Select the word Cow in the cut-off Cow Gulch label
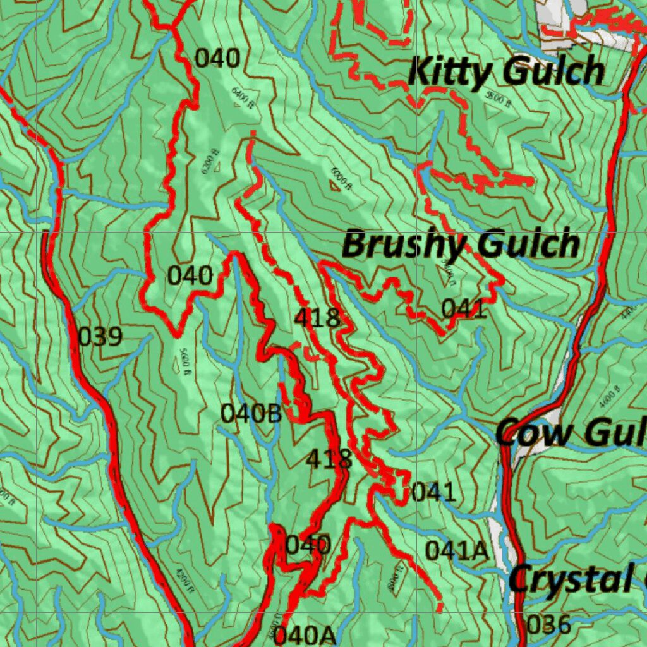(x=531, y=433)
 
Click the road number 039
(x=100, y=337)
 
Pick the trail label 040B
(x=251, y=414)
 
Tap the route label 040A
(x=305, y=634)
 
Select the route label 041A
(x=456, y=551)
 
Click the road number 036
(x=548, y=625)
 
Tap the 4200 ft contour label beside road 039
(x=181, y=576)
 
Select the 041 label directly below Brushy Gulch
(x=464, y=309)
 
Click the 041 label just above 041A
(x=433, y=492)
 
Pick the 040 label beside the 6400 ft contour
(x=217, y=59)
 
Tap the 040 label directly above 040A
(x=308, y=545)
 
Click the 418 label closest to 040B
(x=329, y=459)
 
